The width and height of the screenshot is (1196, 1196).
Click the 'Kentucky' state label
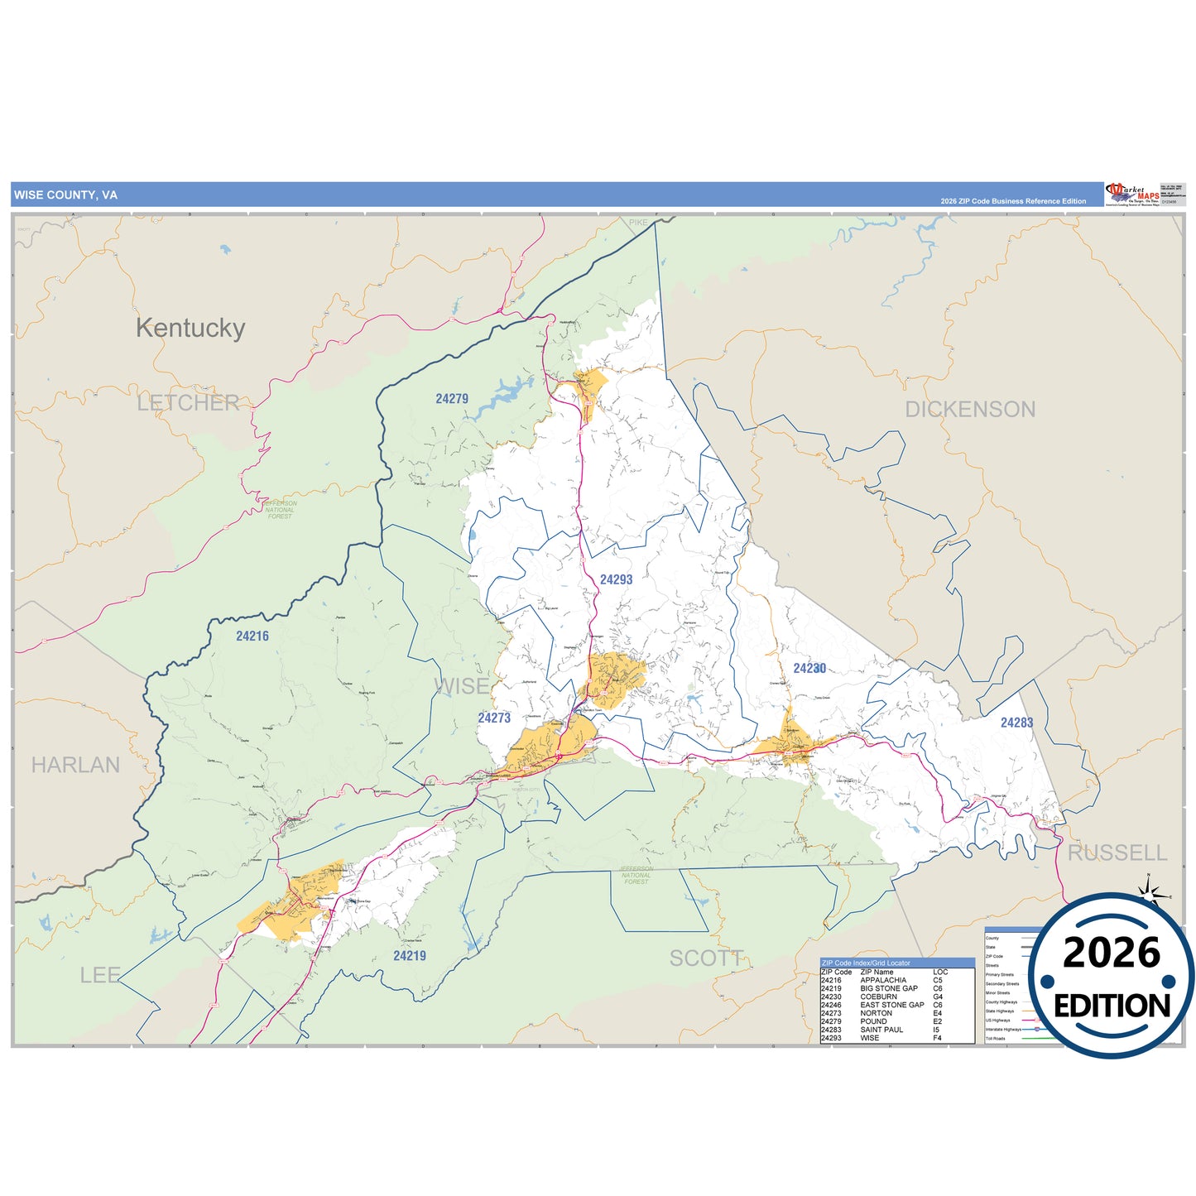190,328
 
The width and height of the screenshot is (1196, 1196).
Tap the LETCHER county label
188,403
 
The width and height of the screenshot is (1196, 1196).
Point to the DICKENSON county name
970,409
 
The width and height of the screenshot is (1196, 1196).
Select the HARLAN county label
75,765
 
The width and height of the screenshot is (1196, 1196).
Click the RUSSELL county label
1117,853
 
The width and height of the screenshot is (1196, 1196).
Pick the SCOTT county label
706,958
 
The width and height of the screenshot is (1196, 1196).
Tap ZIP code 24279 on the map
452,399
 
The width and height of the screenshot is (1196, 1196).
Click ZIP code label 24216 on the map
252,636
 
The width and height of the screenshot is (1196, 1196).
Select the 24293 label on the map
616,579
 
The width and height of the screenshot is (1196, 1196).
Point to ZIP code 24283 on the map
1016,723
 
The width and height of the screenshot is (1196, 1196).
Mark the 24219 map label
410,956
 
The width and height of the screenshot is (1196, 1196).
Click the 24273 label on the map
494,718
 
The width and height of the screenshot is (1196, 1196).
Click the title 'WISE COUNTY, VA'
65,195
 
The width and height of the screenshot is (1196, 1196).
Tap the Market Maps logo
1131,195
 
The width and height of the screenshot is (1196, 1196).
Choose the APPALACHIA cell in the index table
882,980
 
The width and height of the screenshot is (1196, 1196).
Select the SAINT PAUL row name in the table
881,1030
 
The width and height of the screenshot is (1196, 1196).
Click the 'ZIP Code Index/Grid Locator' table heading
865,963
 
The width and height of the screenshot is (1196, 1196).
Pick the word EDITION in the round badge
1112,1006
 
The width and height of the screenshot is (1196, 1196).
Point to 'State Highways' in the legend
999,1011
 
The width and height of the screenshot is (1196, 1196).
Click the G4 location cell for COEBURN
938,997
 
